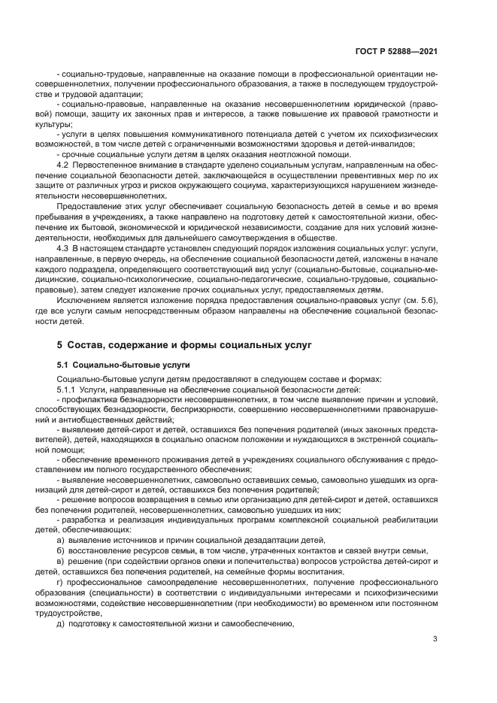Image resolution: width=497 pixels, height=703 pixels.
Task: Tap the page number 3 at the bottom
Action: click(435, 640)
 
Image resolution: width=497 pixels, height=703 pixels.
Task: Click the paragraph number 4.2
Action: click(63, 164)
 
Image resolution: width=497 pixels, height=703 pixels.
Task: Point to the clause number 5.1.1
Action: click(67, 389)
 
